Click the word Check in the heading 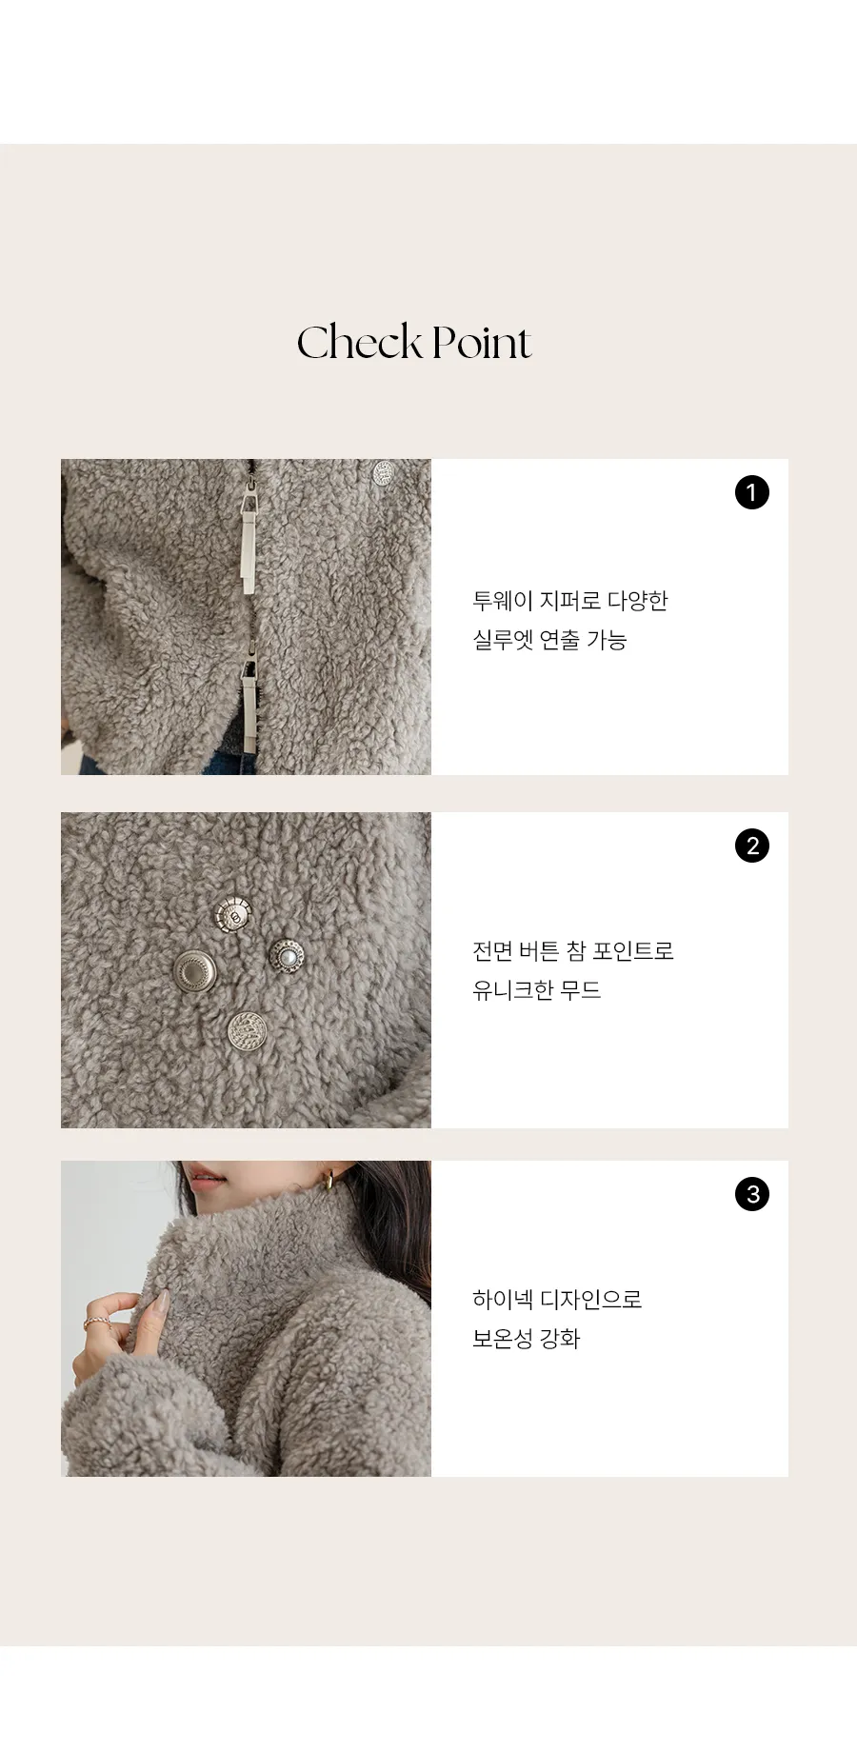[359, 343]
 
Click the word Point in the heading [481, 343]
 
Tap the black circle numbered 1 [751, 492]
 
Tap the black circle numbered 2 [752, 846]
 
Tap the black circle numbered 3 [752, 1194]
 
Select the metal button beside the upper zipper [383, 472]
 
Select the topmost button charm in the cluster [231, 915]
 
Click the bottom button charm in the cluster [247, 1031]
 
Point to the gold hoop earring [329, 1180]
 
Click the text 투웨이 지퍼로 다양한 [570, 601]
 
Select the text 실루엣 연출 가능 [549, 640]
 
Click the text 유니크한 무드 [537, 990]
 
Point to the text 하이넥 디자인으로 [557, 1300]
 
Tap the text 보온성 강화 [527, 1339]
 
